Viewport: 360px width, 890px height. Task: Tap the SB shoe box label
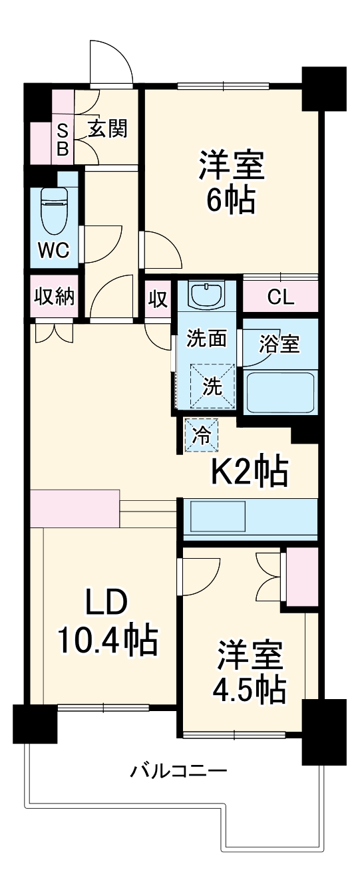tap(62, 140)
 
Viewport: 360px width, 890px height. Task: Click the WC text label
tap(54, 250)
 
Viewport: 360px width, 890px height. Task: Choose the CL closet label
tap(280, 297)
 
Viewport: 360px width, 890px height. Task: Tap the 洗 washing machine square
tap(212, 386)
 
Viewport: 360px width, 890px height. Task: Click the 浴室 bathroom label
tap(279, 343)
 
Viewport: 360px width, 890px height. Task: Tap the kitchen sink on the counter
tap(219, 515)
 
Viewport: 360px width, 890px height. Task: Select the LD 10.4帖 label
tap(106, 621)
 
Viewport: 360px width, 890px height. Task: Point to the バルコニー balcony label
tap(178, 772)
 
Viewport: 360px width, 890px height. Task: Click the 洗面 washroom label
tap(206, 339)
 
